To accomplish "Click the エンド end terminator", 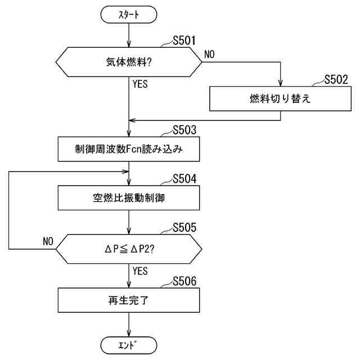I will click(129, 344).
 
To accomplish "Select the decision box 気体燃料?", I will click(129, 62).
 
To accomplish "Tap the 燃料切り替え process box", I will click(280, 99).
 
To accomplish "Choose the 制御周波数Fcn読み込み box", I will click(129, 149).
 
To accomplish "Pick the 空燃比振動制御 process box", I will click(129, 197).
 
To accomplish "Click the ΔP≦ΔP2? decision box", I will click(129, 249).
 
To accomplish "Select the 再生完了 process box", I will click(129, 300).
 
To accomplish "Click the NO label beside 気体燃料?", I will click(209, 55).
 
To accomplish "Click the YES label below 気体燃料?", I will click(140, 84).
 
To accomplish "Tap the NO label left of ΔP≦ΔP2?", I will click(48, 241).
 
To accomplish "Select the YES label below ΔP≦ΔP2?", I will click(140, 271).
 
